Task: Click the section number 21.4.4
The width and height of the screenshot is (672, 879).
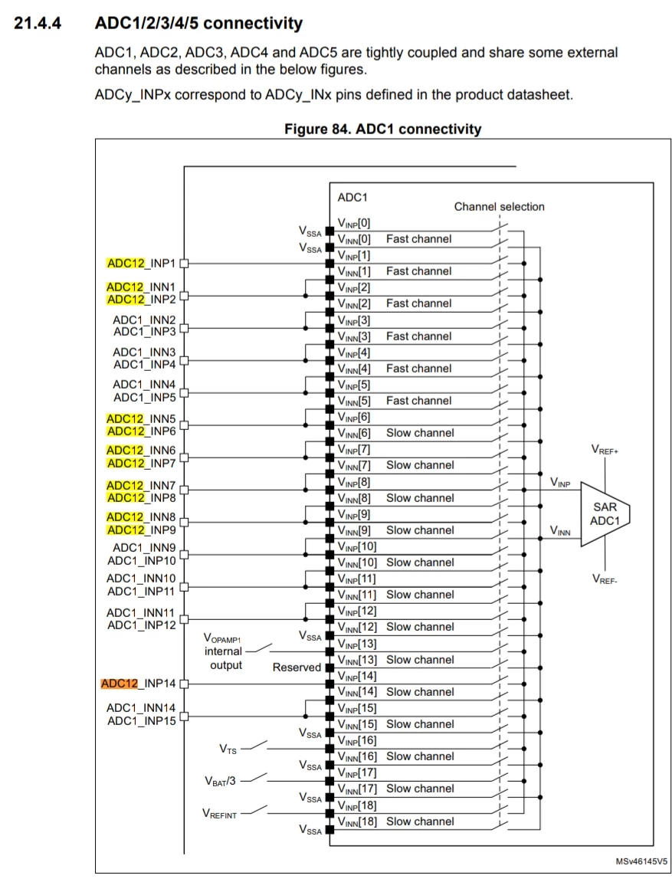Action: pos(38,24)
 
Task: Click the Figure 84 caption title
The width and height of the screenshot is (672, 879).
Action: pos(383,129)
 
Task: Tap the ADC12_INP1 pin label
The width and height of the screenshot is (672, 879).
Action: pos(141,263)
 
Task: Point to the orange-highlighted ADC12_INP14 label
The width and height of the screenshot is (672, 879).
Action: pos(139,684)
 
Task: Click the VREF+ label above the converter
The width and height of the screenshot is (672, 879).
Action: pos(605,450)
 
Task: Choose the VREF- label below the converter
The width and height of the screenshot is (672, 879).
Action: pos(605,579)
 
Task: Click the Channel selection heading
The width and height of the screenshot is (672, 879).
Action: pos(499,206)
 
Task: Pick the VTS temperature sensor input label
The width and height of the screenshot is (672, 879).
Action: pos(228,749)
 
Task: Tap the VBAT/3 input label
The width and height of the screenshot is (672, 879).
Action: pos(220,781)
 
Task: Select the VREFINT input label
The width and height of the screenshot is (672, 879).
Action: pos(219,813)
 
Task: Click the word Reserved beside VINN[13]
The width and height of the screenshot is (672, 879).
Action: pos(297,667)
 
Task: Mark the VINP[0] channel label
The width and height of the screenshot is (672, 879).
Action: pos(354,223)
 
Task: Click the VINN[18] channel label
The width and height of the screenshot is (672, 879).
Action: pos(357,822)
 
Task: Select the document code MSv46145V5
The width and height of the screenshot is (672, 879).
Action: pos(641,861)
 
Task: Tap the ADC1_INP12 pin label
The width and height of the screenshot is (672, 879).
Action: pos(141,625)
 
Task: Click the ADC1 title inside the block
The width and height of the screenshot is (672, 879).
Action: pos(352,197)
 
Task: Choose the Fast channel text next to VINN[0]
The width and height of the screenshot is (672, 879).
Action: pos(418,239)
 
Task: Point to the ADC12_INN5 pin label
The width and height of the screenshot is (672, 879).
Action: pos(141,418)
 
